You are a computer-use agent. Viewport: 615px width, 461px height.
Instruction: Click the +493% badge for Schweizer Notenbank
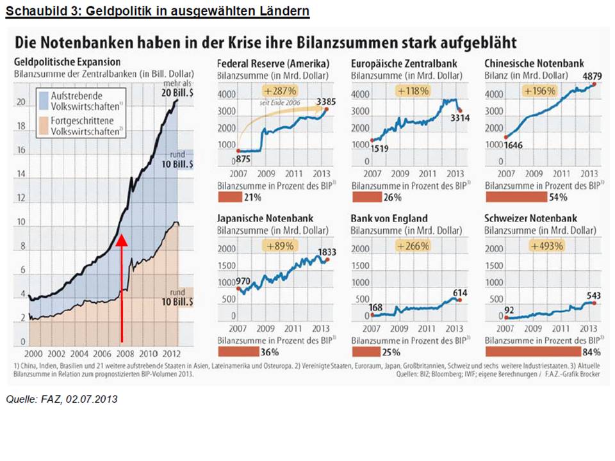pyautogui.click(x=546, y=246)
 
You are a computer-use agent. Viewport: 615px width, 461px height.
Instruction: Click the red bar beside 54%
pyautogui.click(x=516, y=197)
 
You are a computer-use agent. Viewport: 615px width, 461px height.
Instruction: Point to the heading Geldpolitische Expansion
pyautogui.click(x=67, y=62)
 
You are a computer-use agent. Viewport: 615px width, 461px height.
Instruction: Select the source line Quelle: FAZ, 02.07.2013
pyautogui.click(x=61, y=400)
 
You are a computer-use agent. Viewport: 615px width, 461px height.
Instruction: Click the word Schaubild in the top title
pyautogui.click(x=29, y=12)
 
